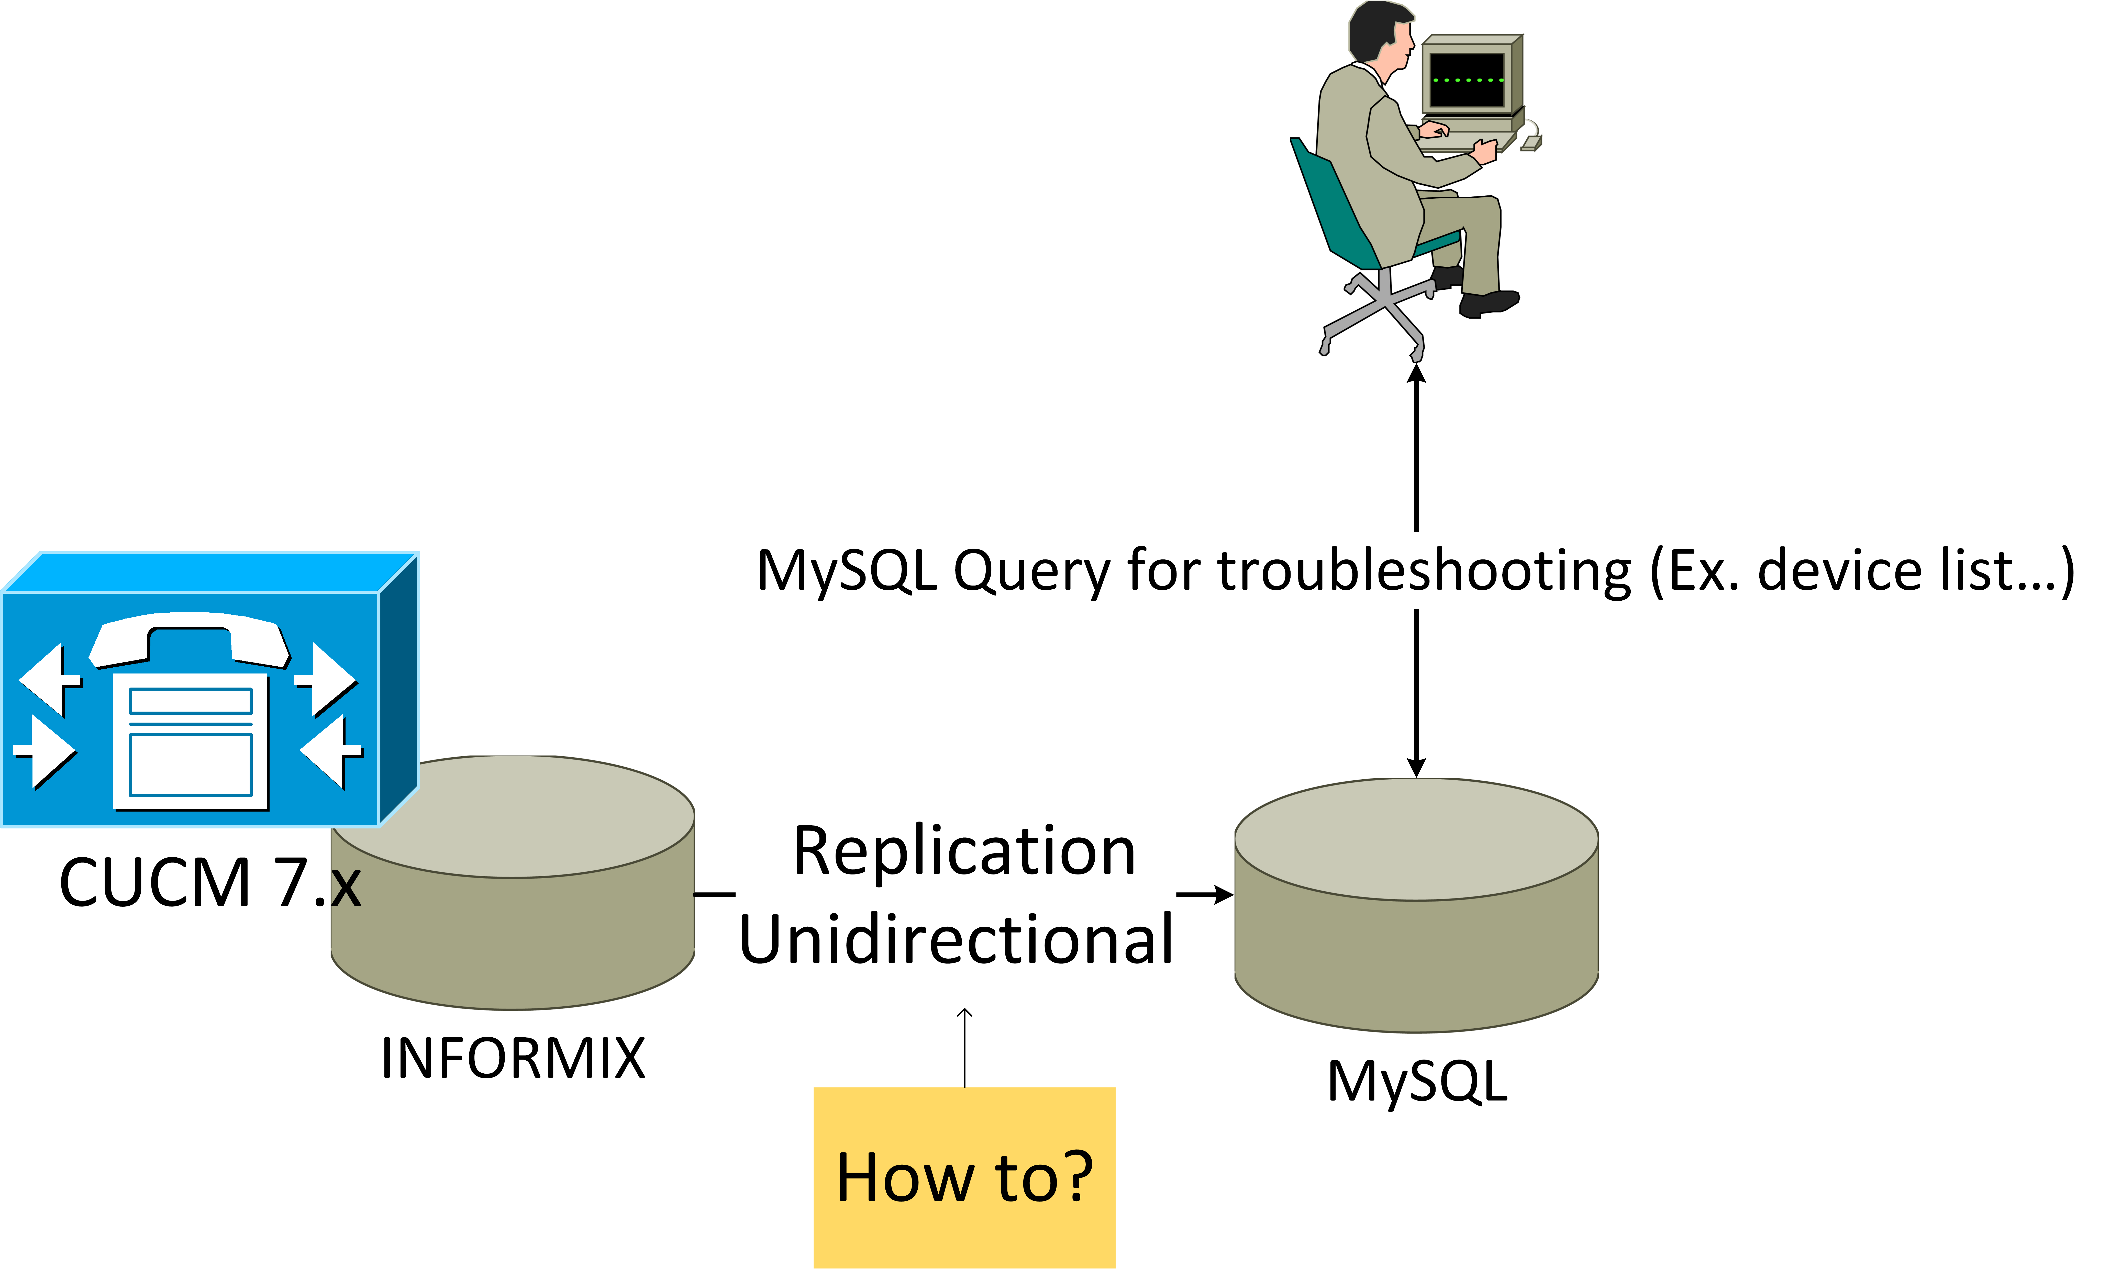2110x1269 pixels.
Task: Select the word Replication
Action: point(964,852)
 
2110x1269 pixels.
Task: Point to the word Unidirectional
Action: point(955,939)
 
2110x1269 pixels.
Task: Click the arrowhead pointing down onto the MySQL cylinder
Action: point(1416,767)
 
